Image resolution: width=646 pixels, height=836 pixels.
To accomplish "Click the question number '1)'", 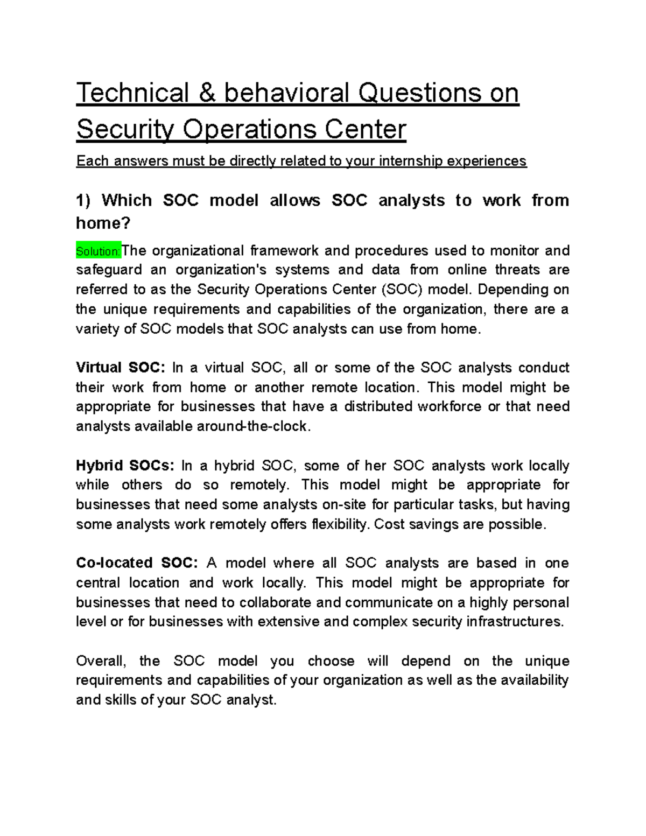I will tap(84, 200).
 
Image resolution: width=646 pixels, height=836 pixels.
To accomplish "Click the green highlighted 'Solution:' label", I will tap(99, 251).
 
